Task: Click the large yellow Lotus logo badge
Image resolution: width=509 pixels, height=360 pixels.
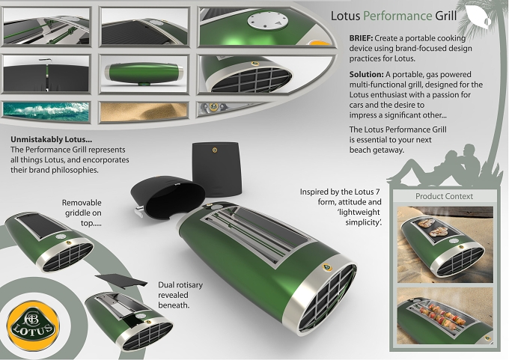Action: tap(34, 326)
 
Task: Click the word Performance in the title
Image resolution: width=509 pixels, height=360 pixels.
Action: tap(397, 16)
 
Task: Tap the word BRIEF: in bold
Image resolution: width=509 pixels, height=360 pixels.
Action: tap(361, 38)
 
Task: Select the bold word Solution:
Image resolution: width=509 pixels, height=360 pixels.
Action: tap(367, 74)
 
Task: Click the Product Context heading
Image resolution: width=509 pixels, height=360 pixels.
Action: tap(444, 196)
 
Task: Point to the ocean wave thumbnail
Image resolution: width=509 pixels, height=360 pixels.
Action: tap(46, 112)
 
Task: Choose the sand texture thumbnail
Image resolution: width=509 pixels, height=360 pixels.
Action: tap(144, 112)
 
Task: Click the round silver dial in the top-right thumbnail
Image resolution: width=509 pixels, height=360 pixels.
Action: tap(268, 21)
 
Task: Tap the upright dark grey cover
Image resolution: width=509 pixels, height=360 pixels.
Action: tap(216, 169)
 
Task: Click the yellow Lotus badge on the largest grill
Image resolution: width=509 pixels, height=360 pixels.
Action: tap(327, 267)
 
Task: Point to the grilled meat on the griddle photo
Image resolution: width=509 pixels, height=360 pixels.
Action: tap(433, 228)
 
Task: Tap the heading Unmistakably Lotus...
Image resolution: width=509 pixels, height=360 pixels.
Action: tap(52, 140)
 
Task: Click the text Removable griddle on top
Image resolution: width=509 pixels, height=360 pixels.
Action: tap(82, 213)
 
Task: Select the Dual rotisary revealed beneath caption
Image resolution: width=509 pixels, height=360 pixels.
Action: tap(180, 295)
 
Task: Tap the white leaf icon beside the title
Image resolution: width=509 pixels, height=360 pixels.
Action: tap(478, 16)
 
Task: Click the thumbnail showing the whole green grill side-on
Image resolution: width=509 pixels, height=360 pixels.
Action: tap(144, 74)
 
